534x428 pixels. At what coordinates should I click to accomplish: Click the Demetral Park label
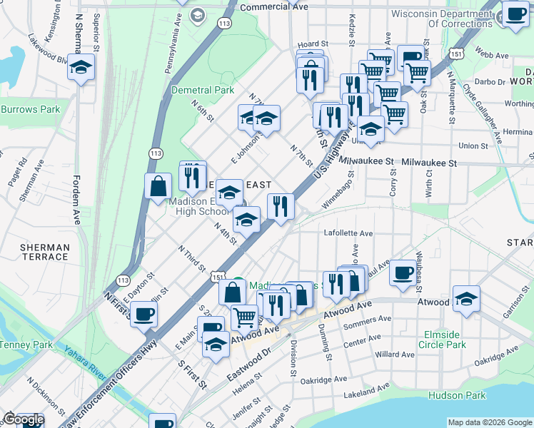click(x=203, y=90)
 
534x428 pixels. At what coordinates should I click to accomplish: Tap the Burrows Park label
click(x=30, y=110)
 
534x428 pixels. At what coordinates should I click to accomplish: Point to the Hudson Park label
click(x=457, y=395)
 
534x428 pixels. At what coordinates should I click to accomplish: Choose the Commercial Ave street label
click(x=274, y=6)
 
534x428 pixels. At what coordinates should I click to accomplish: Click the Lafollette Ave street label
click(x=348, y=233)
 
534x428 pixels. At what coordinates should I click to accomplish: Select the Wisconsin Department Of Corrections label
click(x=440, y=18)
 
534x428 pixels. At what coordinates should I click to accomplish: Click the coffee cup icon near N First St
click(x=144, y=313)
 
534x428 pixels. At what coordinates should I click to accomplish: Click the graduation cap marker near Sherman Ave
click(x=81, y=68)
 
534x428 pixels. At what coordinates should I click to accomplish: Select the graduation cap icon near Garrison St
click(x=466, y=298)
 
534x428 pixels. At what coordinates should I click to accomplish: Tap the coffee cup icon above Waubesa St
click(x=403, y=272)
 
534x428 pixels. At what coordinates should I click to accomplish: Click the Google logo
click(x=24, y=420)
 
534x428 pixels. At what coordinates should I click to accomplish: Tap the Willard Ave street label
click(x=395, y=354)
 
